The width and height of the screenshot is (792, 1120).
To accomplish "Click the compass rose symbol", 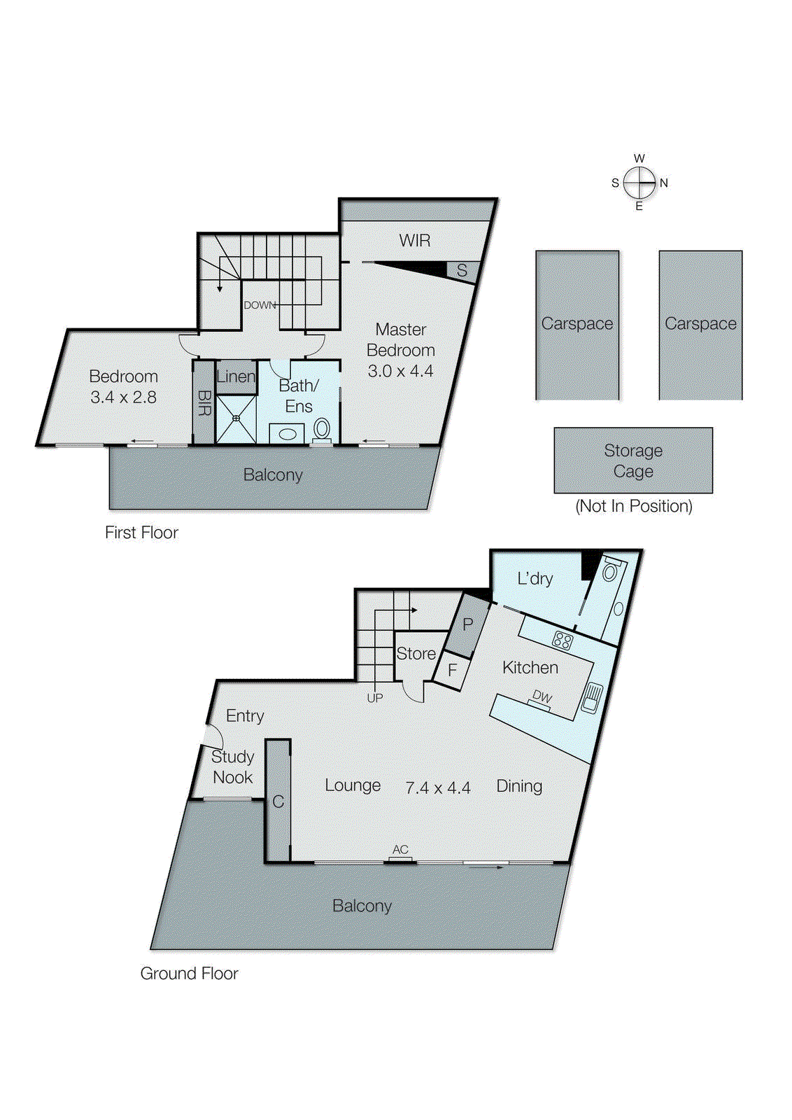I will [x=639, y=183].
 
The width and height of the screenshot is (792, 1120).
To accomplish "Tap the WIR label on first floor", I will [x=415, y=241].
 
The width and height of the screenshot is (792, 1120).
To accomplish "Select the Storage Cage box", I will [x=633, y=461].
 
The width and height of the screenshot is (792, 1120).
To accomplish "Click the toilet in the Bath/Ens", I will [x=322, y=429].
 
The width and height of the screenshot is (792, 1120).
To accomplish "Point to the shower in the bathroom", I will [x=236, y=419].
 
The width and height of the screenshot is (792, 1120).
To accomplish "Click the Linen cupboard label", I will [x=236, y=377].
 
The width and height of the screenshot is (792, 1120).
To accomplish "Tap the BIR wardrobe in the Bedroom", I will [x=204, y=402].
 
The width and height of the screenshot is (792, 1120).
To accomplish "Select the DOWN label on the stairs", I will [x=260, y=305].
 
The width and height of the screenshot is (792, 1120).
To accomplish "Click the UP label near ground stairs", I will [x=374, y=698].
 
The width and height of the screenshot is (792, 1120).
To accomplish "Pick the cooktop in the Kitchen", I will [x=563, y=640].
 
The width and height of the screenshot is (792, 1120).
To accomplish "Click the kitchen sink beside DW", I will [x=592, y=697].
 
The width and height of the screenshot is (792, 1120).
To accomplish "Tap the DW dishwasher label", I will [x=542, y=696].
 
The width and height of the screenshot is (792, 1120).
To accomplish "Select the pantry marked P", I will [x=467, y=624].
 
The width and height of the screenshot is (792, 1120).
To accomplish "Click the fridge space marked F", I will [x=452, y=670].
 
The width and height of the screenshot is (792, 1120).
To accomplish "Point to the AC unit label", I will [x=400, y=850].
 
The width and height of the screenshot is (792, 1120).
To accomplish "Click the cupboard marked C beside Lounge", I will [x=278, y=801].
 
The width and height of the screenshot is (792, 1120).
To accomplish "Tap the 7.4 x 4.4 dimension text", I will [x=438, y=788].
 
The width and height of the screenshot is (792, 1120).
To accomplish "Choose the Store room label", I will [x=416, y=654].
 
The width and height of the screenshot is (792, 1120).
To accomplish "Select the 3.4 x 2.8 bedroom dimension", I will [x=123, y=398].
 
